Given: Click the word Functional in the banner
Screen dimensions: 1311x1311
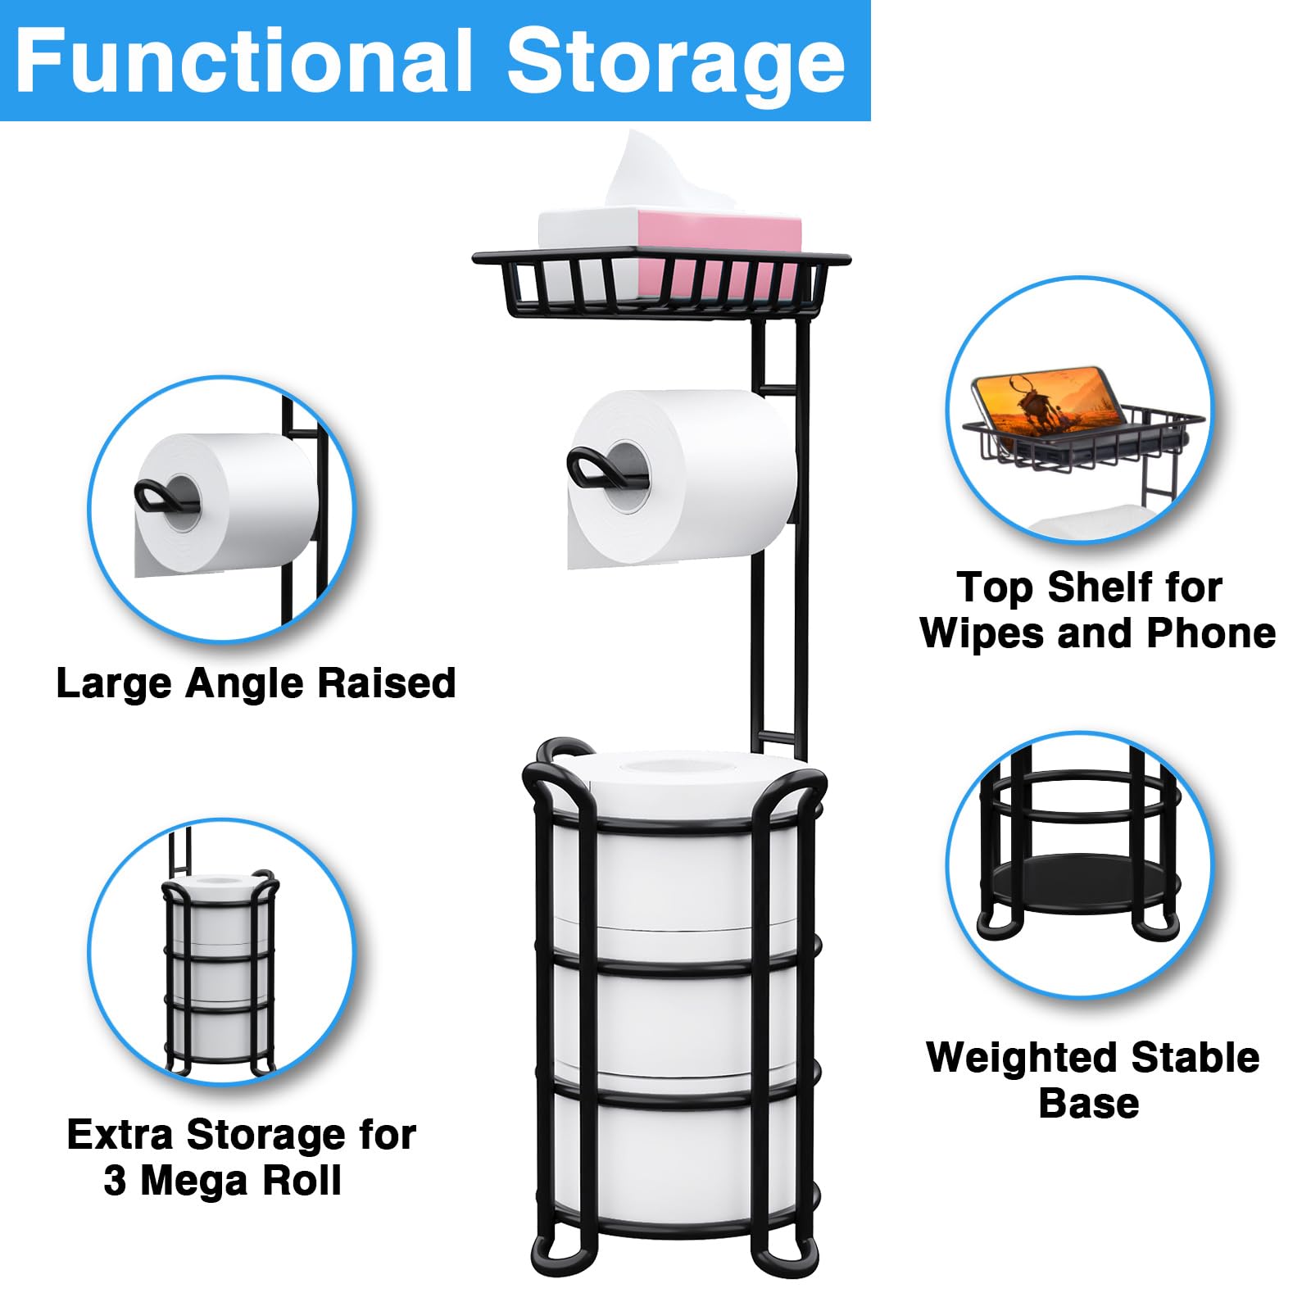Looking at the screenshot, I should point(244,62).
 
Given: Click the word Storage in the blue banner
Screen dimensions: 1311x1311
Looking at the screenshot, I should point(675,62).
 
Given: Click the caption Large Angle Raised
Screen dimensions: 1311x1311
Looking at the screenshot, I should point(256,683).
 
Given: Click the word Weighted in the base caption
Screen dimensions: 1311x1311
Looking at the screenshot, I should point(1014,1058).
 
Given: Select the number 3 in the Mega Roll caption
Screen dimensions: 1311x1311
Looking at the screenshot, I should point(115,1181).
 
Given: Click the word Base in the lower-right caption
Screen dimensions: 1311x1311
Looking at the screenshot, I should point(1088,1104).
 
